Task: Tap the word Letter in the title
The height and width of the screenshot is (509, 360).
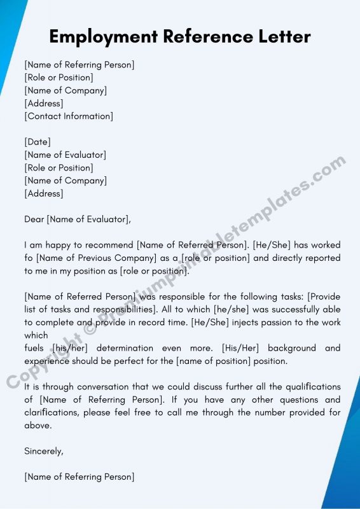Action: coord(280,37)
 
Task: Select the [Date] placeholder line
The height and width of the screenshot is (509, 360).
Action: coord(38,142)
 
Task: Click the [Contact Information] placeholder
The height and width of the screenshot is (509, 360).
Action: coord(69,116)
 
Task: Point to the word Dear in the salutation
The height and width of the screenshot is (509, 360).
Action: coord(34,220)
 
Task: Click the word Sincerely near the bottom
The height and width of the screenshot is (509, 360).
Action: coord(44,451)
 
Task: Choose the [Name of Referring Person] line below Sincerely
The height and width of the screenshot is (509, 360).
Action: coord(80,477)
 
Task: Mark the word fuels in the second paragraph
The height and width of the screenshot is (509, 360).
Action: coord(34,348)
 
